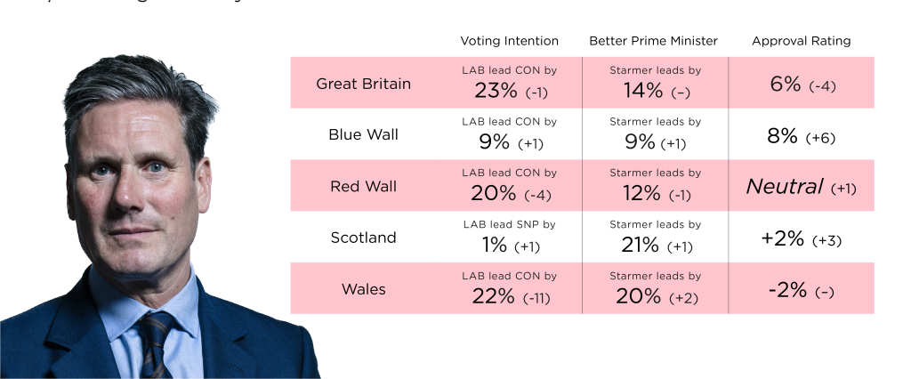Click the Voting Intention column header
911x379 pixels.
coord(509,41)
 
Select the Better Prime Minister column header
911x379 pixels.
coord(653,41)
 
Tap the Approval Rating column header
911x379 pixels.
coord(801,41)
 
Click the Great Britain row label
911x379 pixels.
coord(363,84)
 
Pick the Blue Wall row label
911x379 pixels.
coord(363,135)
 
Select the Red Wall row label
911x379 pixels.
coord(363,187)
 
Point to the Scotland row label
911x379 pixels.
coord(363,238)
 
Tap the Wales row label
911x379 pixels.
coord(363,289)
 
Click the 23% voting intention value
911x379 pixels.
coord(494,90)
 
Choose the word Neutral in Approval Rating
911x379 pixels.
coord(784,187)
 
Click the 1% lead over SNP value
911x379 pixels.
coord(495,245)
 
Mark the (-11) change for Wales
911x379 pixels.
coord(536,298)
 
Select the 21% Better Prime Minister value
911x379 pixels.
coord(640,245)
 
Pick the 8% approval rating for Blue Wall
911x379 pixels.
coord(782,136)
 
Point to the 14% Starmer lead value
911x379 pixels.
coord(642,90)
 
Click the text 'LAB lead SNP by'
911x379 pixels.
coord(509,224)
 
